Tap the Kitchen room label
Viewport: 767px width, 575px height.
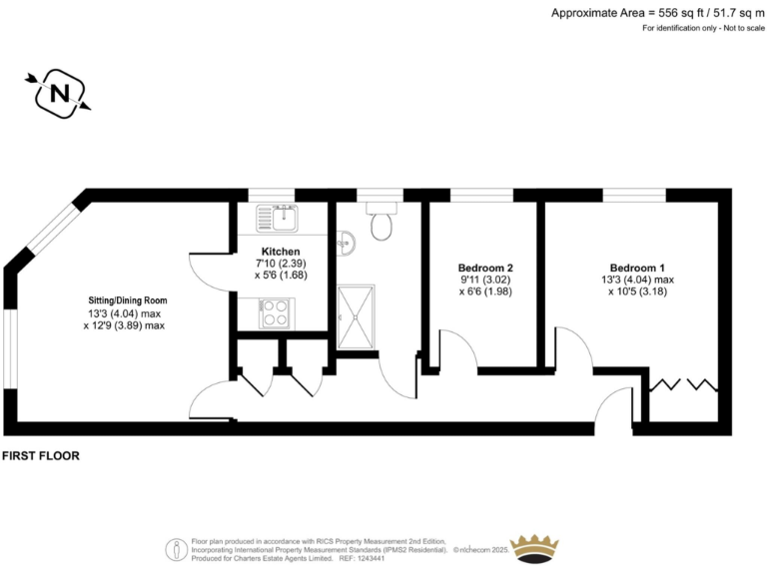[280, 251]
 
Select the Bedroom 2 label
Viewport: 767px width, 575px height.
[485, 268]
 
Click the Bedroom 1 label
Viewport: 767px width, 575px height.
[637, 268]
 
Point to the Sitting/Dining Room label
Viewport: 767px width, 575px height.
[125, 299]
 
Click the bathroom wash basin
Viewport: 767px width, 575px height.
[345, 242]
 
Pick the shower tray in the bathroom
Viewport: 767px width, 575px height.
[358, 316]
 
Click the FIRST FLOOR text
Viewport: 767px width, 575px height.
[41, 455]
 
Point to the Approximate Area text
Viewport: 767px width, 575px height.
[656, 12]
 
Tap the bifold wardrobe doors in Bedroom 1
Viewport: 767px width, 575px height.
[682, 384]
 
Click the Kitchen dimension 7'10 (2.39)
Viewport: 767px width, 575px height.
[280, 263]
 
